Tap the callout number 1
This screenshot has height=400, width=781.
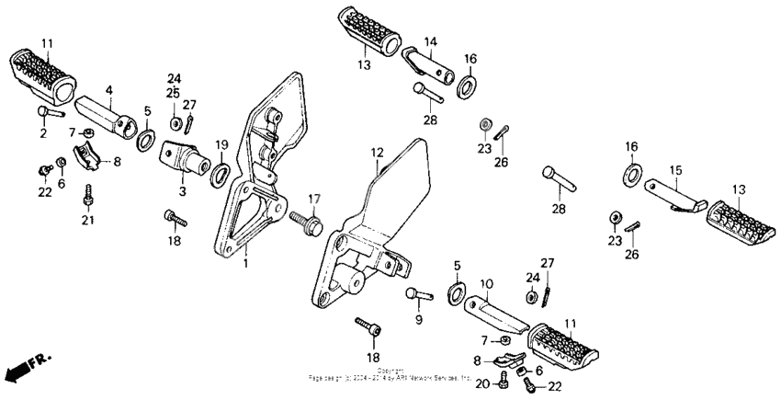[245, 265]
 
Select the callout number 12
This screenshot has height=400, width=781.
[377, 152]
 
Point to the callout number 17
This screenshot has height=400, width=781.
[314, 198]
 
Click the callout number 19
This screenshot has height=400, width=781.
[221, 144]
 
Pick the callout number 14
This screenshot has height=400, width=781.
[431, 42]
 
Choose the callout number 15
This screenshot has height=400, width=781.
[676, 171]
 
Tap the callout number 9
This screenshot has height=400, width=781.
[418, 320]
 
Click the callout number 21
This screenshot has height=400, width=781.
[87, 221]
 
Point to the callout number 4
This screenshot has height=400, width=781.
[108, 90]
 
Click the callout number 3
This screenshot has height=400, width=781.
[183, 191]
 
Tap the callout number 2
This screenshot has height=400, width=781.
[42, 134]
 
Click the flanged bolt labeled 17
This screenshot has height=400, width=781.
[305, 221]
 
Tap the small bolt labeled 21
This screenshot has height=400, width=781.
[88, 196]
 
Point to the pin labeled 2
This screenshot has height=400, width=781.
[48, 113]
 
